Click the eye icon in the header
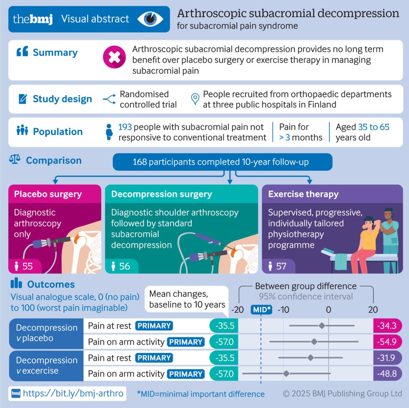coord(150,19)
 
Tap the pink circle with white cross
coord(114,57)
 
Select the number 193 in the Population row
coord(125,127)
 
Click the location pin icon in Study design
coord(195,99)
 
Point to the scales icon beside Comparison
coord(15,159)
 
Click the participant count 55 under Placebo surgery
coord(28,266)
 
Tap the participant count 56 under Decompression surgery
coord(124,266)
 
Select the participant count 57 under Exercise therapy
coord(281,266)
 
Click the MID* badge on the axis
coord(261,310)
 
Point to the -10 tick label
coord(283,310)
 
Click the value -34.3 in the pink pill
coord(387,326)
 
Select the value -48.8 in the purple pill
coord(387,374)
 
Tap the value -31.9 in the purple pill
coord(386,358)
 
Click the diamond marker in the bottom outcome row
coord(286,373)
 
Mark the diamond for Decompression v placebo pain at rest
coord(322,326)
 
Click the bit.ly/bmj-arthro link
coord(73,393)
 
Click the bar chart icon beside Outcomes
coord(16,283)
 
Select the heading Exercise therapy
coord(303,194)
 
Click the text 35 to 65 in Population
coord(374,127)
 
